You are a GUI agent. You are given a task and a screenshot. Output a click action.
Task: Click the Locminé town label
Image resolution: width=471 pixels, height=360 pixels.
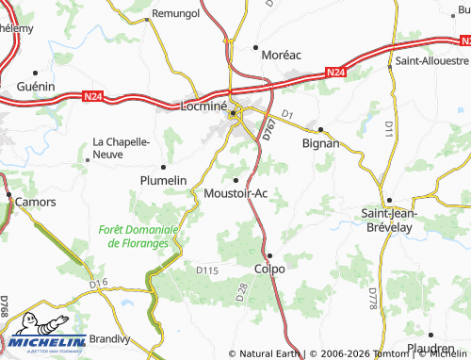(203, 106)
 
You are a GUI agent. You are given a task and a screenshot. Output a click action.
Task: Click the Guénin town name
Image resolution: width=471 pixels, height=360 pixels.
(36, 86)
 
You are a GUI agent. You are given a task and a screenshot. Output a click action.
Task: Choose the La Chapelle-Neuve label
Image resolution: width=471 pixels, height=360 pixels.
(121, 149)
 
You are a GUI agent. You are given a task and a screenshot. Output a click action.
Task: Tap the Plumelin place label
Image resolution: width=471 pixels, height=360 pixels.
(164, 180)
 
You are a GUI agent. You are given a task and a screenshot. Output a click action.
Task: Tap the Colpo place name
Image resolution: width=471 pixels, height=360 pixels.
(269, 268)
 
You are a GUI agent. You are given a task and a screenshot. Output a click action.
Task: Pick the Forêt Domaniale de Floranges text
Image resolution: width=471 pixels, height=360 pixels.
(138, 236)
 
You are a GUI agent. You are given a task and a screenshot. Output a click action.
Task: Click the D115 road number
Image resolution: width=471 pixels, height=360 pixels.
(207, 270)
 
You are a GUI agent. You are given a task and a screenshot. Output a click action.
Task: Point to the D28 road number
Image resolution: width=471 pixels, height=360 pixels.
(240, 300)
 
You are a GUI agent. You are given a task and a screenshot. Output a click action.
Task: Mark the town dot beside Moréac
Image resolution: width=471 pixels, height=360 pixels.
(256, 45)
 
